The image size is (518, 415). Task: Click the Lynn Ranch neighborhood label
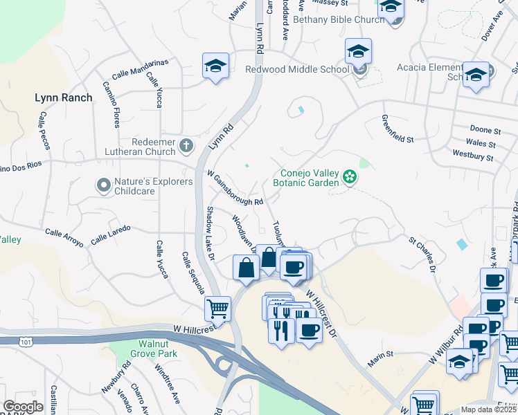coord(63,98)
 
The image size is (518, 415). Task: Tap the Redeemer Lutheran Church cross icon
coord(186,145)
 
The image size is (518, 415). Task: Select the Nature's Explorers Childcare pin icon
coord(103,185)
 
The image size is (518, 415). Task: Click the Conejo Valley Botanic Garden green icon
coord(350,178)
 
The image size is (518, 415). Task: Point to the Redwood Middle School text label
coord(297,69)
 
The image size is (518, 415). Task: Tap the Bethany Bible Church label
coord(328,19)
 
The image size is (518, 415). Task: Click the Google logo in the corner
coord(23,407)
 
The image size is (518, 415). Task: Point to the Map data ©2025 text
coord(488,409)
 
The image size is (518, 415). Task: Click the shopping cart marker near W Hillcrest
coord(217,307)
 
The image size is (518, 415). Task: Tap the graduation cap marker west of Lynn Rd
coord(215,66)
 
